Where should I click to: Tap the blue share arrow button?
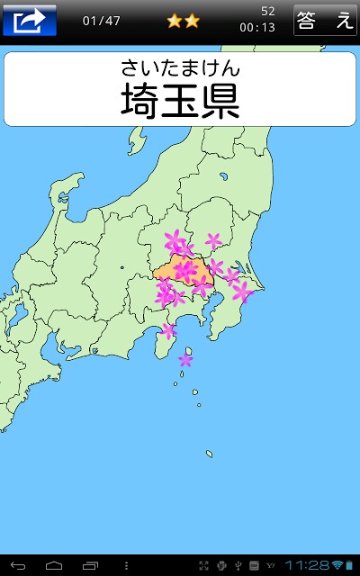(30, 19)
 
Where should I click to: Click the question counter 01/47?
(102, 20)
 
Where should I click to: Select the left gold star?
(175, 21)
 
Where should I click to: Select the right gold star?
(192, 21)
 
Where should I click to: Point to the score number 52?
(268, 11)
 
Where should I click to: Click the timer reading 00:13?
(257, 27)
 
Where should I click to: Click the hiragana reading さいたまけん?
(180, 67)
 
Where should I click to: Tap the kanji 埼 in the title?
(140, 101)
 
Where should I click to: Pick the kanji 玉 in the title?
(180, 101)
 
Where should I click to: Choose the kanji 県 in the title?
(220, 101)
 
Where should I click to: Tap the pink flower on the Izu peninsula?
(168, 330)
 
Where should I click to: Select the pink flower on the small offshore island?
(185, 360)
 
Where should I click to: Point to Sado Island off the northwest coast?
(137, 139)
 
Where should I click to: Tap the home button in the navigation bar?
(54, 564)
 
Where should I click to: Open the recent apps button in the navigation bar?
(90, 564)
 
